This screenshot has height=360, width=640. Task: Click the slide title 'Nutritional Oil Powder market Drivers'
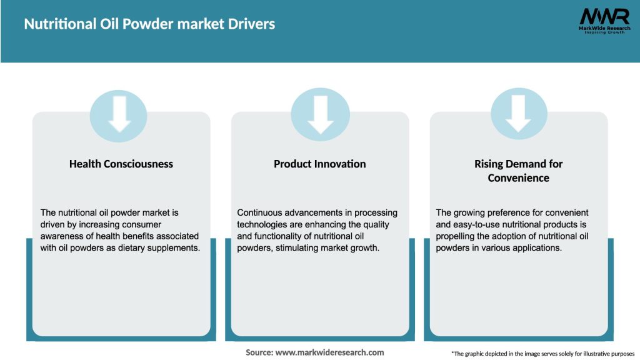click(149, 24)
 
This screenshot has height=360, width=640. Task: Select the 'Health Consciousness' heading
click(121, 164)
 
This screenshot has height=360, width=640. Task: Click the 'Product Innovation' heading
click(320, 164)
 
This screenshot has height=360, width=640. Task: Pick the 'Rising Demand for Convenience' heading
click(519, 171)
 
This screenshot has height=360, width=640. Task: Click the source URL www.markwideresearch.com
click(329, 352)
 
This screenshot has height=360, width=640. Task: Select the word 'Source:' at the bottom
click(259, 352)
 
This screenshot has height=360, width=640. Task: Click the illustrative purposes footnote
click(542, 354)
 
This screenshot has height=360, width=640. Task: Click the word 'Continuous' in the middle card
click(261, 213)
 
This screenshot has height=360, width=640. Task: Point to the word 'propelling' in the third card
click(457, 236)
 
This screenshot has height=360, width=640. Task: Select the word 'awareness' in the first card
click(62, 236)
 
